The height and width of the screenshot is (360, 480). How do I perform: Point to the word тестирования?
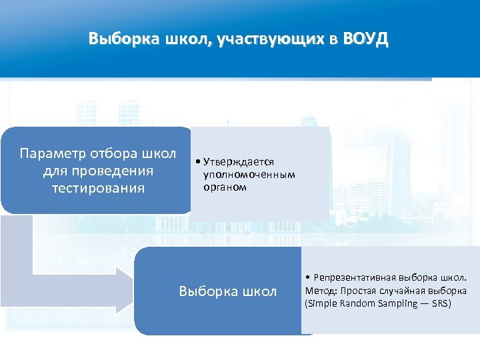pos(98,188)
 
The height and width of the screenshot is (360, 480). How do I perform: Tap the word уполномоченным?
pos(249,175)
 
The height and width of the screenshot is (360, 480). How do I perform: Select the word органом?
pos(225,187)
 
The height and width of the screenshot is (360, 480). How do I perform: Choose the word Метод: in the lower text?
pos(321,290)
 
